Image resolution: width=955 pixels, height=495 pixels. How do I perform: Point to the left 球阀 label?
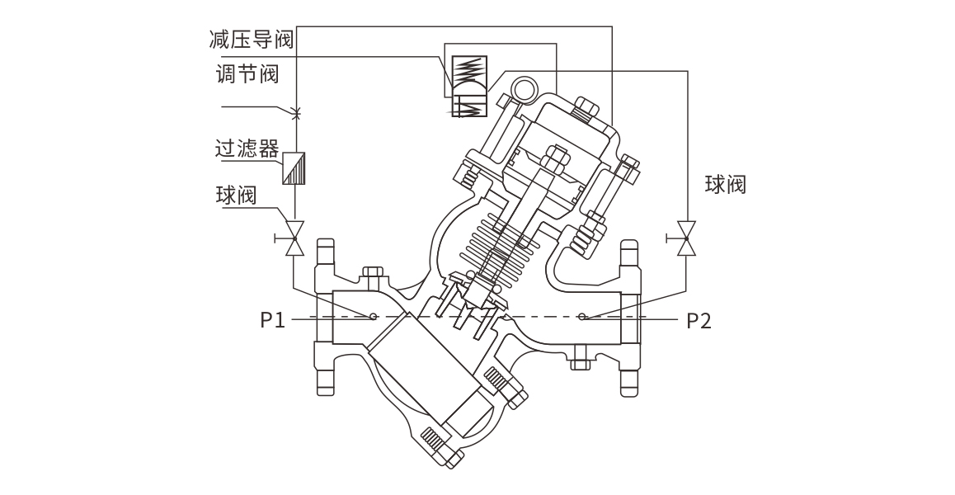tap(237, 196)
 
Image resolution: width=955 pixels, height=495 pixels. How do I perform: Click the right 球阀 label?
tap(726, 184)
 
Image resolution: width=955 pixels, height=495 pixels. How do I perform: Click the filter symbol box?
tap(294, 170)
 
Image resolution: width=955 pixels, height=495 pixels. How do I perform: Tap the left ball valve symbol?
tap(294, 238)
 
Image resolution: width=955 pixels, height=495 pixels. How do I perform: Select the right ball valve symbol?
tap(685, 238)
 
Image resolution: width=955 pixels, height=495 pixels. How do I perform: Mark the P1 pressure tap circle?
tap(374, 316)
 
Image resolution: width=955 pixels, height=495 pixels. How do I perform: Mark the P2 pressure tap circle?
tap(582, 316)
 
